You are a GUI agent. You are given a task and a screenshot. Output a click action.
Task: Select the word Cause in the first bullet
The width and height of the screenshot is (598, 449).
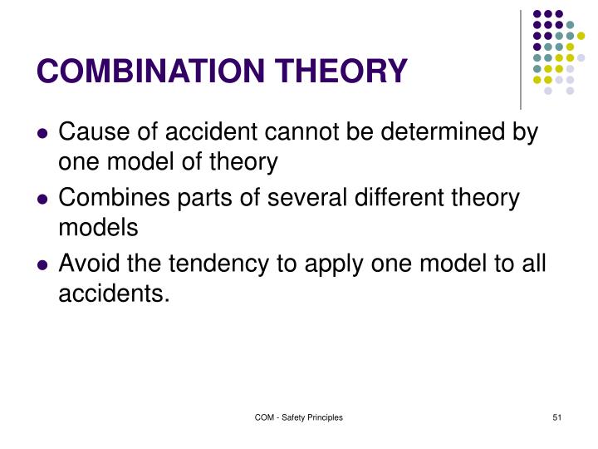click(x=91, y=132)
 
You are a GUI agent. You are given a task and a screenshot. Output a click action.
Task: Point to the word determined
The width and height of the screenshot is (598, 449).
click(x=439, y=132)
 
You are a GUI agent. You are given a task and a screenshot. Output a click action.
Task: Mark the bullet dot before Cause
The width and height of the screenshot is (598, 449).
click(x=42, y=133)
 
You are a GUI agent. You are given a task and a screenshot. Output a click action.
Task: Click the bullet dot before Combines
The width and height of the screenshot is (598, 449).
click(x=42, y=200)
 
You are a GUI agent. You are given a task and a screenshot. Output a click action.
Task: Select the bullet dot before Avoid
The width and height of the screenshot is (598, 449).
click(x=42, y=266)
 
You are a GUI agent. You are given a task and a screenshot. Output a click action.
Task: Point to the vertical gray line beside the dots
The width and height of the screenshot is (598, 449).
click(x=521, y=58)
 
